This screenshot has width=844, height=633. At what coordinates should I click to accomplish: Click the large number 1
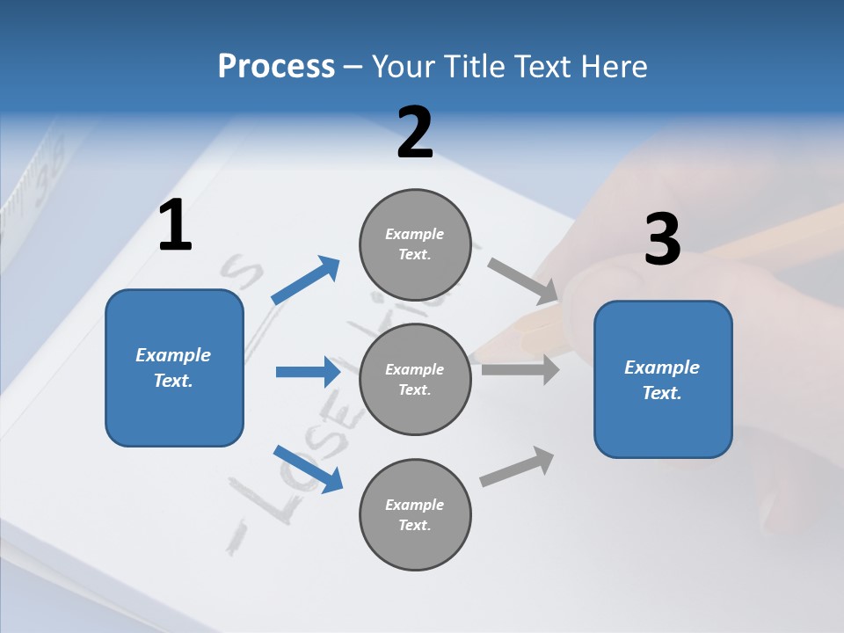[x=175, y=225]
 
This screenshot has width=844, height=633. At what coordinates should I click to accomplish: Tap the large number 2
[x=415, y=133]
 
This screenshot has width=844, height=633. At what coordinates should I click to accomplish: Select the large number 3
[x=662, y=239]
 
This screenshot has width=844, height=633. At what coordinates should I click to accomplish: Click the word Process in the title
[x=276, y=66]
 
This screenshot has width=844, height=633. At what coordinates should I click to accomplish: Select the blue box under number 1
[x=174, y=367]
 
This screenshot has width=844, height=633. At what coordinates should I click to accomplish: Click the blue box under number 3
[x=663, y=379]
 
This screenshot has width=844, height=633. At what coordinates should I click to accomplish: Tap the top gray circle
[x=415, y=244]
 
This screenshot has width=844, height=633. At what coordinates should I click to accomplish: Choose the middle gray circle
[x=415, y=379]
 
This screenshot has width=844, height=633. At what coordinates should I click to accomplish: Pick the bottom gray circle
[x=415, y=514]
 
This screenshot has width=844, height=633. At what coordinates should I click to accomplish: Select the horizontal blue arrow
[x=308, y=372]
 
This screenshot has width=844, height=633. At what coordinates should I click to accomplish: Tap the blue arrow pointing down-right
[x=309, y=468]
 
